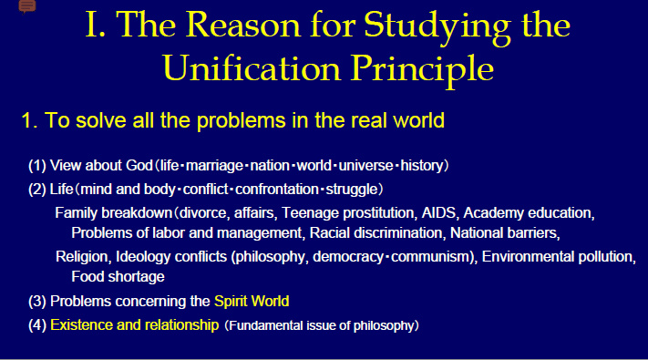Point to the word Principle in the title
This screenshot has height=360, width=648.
click(x=420, y=68)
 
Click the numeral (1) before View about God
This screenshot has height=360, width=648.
click(x=37, y=166)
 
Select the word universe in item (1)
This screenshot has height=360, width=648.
click(x=365, y=166)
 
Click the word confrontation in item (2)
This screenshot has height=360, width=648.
click(x=290, y=190)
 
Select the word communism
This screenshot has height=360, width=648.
click(x=431, y=256)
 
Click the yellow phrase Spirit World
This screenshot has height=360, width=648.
click(x=252, y=301)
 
